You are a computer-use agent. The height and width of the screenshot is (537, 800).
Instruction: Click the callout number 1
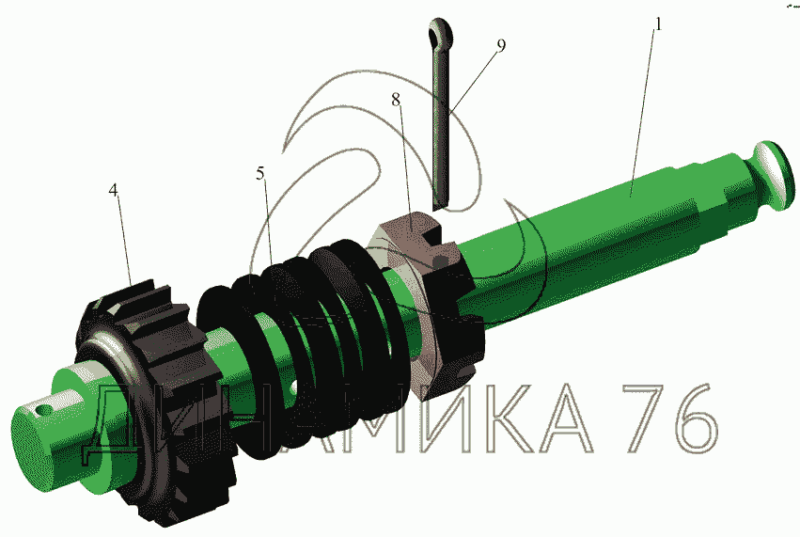pos(658,24)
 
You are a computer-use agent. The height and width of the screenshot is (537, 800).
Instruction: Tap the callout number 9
pos(501,45)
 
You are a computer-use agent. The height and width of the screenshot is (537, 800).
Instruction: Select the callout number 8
pos(397,100)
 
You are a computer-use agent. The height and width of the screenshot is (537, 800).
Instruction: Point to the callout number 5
pos(260,174)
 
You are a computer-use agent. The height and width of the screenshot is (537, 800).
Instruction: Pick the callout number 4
pos(113,190)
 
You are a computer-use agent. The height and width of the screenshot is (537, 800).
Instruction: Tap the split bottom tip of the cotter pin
pos(439,204)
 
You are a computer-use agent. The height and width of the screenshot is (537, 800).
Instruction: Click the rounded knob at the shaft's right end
pos(772,175)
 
